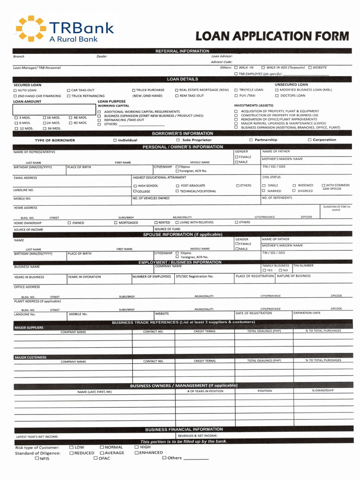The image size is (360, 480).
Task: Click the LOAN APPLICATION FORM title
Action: point(272,36)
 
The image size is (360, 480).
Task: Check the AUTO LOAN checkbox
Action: point(15,90)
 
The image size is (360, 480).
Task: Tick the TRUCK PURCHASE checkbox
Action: point(134,90)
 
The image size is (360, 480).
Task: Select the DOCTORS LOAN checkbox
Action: point(277,96)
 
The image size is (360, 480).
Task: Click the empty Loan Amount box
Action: point(53,109)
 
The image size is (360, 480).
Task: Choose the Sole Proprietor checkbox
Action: point(178,140)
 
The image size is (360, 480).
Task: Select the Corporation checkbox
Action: point(309,140)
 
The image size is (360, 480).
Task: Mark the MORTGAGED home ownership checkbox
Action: point(115,223)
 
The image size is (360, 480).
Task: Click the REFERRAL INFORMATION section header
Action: point(182,51)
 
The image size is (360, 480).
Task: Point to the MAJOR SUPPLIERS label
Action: point(29,328)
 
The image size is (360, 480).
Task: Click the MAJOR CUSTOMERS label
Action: point(30,357)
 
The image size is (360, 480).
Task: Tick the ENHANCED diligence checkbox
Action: point(136,453)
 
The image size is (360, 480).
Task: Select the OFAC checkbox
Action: point(95,458)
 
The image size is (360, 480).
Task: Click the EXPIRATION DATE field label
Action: point(307,313)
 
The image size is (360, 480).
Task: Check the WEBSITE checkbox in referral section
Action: point(310,67)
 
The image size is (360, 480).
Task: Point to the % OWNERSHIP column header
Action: point(323,390)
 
